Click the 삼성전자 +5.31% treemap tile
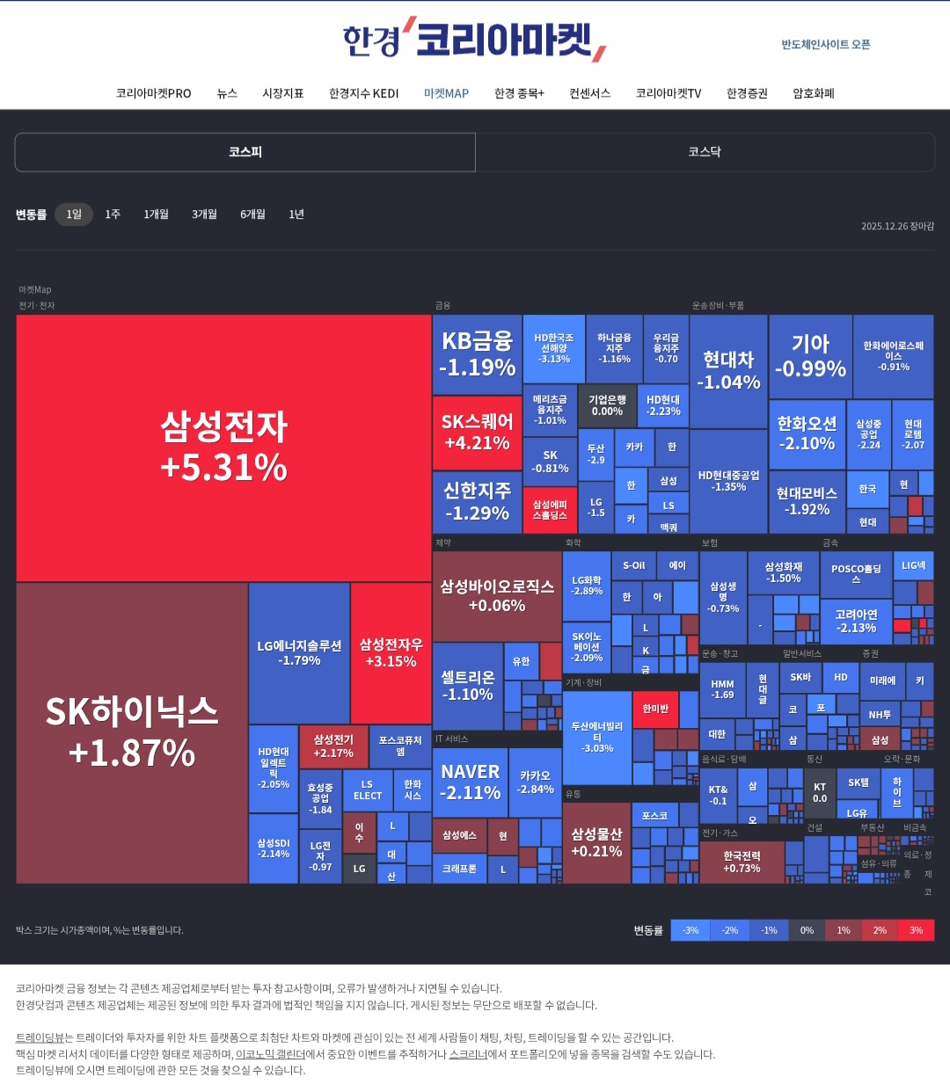pyautogui.click(x=223, y=448)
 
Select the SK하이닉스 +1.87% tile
pyautogui.click(x=132, y=732)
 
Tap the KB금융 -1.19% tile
pyautogui.click(x=477, y=353)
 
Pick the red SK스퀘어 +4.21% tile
pyautogui.click(x=477, y=432)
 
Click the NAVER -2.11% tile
pyautogui.click(x=471, y=782)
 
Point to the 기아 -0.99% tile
pyautogui.click(x=810, y=355)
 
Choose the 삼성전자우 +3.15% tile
pyautogui.click(x=391, y=652)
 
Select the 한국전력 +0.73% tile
pyautogui.click(x=742, y=862)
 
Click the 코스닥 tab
pyautogui.click(x=705, y=152)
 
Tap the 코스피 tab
pyautogui.click(x=245, y=152)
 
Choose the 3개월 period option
pyautogui.click(x=204, y=215)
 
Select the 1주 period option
pyautogui.click(x=113, y=215)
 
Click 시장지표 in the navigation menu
pyautogui.click(x=283, y=93)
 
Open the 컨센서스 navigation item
pyautogui.click(x=589, y=93)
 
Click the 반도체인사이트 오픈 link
pyautogui.click(x=826, y=45)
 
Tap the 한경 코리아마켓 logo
pyautogui.click(x=473, y=40)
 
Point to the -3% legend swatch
pyautogui.click(x=691, y=930)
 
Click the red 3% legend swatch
pyautogui.click(x=916, y=930)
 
